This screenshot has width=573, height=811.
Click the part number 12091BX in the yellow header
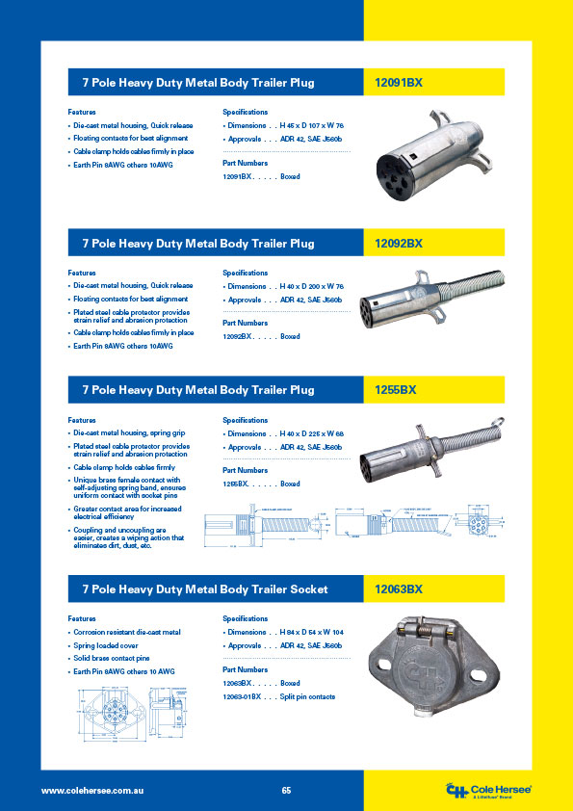tap(398, 84)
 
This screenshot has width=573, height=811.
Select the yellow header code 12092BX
tap(398, 244)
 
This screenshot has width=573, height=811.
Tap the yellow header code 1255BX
tap(395, 390)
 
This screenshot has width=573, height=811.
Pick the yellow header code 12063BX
tap(398, 589)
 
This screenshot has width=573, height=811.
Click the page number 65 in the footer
tap(286, 790)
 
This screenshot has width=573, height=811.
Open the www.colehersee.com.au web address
tap(92, 790)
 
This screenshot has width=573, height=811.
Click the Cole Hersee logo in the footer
tap(488, 790)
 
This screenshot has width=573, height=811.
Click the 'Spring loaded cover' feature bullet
tap(110, 645)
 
